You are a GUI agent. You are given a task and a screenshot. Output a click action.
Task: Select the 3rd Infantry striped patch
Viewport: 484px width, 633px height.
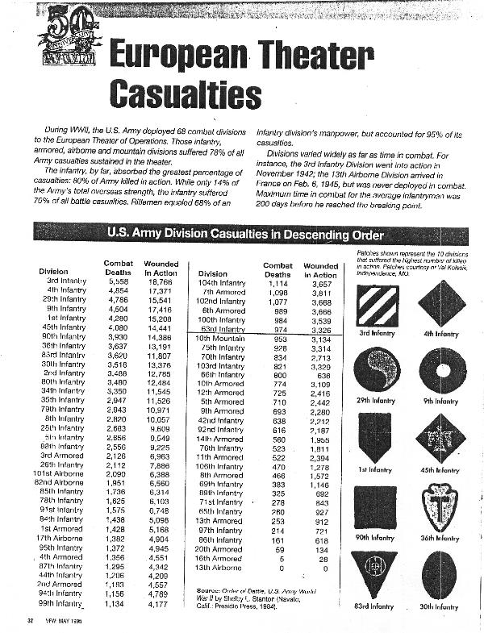point(376,303)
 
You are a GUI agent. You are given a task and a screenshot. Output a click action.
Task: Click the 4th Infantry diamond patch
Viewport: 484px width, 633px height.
point(441,303)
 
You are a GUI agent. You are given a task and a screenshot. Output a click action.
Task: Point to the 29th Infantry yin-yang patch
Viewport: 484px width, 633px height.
point(376,369)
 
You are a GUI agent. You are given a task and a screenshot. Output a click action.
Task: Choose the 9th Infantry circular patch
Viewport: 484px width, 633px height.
point(441,369)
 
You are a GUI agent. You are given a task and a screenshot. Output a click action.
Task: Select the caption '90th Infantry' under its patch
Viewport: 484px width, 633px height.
point(376,537)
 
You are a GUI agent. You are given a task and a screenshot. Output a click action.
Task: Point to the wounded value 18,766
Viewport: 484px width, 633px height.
point(161,281)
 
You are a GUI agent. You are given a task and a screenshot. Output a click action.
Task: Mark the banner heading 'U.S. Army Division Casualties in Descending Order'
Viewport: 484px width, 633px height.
point(241,235)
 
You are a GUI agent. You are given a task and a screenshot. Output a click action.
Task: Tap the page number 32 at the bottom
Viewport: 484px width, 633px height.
point(29,620)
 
